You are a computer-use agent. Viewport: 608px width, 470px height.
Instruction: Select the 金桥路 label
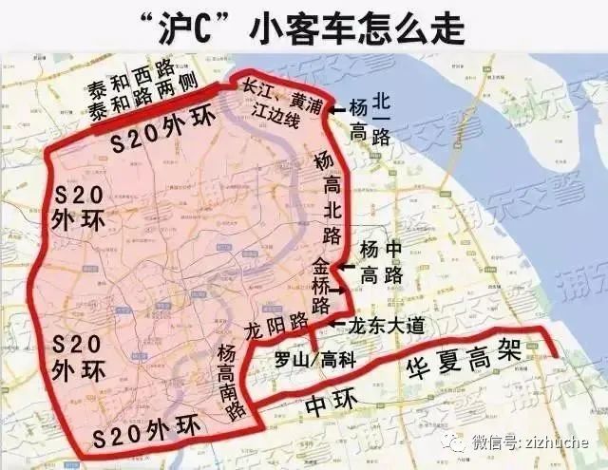[321, 283]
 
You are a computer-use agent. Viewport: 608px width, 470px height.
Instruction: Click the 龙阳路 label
[275, 330]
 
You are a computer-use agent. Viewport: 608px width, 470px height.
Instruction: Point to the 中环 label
[328, 404]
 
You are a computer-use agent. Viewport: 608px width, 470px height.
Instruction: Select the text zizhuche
[555, 442]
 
